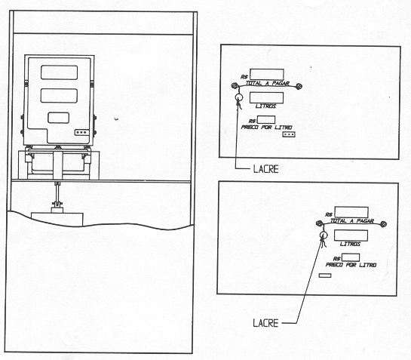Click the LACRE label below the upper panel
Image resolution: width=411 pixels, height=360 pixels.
[265, 169]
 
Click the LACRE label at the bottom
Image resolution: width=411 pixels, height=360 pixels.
[265, 323]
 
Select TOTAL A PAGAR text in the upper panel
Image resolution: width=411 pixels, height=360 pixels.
[268, 84]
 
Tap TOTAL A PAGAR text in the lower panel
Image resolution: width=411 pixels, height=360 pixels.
[351, 221]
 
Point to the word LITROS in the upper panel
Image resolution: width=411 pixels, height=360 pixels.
[265, 106]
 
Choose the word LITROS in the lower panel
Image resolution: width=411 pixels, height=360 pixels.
[350, 244]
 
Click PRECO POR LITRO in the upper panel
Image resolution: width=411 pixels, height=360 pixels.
[266, 128]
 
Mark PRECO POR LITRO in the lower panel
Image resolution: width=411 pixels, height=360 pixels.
[351, 265]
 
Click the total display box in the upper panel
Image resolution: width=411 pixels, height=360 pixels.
[267, 74]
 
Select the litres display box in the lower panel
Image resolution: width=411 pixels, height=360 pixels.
[351, 235]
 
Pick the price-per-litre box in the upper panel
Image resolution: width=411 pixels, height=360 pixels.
[266, 120]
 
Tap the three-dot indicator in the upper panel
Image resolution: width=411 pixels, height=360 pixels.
[289, 134]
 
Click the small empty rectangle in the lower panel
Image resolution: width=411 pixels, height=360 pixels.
[325, 275]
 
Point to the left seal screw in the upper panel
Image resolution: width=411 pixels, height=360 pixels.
[235, 85]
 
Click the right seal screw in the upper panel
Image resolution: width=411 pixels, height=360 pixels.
[299, 86]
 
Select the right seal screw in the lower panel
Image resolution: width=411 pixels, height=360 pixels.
[383, 224]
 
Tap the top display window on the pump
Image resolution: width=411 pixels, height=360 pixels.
[59, 72]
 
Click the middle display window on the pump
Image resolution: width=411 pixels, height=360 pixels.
[59, 96]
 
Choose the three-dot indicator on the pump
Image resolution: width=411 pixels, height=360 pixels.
[81, 132]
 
